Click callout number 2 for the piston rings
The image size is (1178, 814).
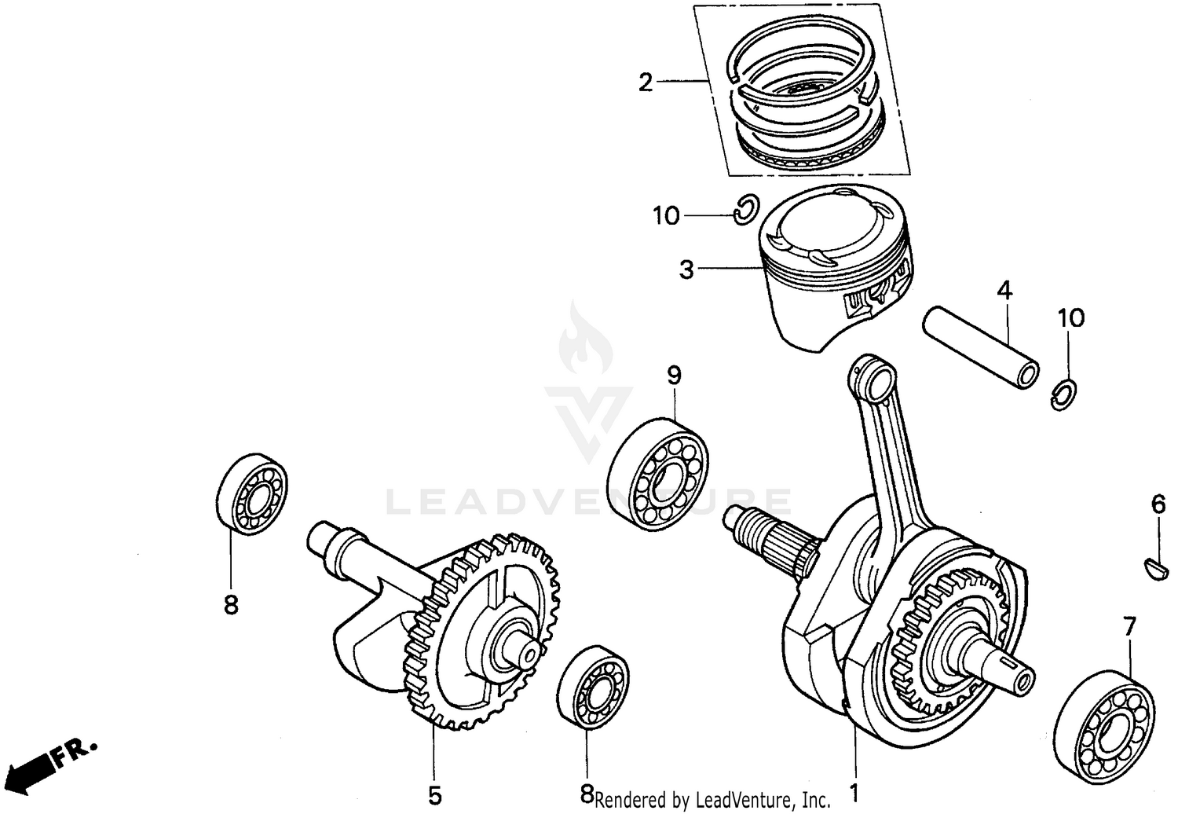pos(645,82)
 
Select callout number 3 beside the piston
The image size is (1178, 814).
pos(686,270)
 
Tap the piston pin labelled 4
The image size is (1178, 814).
pos(981,347)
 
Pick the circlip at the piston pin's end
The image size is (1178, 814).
pos(1064,394)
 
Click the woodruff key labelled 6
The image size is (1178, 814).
pos(1151,566)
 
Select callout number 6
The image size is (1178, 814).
pos(1158,504)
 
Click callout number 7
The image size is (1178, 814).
pos(1129,627)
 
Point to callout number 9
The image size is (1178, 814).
pos(675,376)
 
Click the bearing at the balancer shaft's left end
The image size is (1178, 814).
pos(251,495)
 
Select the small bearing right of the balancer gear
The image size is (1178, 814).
pos(593,687)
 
